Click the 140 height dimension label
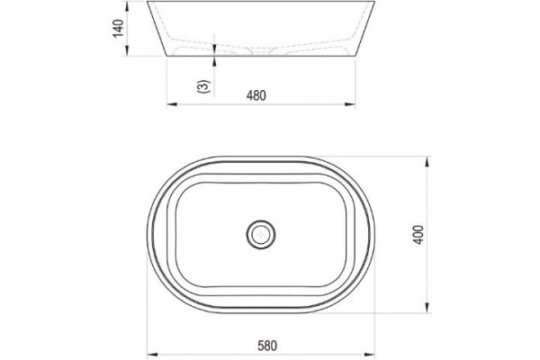coord(118,29)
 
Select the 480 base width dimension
coord(256,95)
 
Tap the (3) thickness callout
coord(203,86)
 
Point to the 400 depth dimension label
coord(418,235)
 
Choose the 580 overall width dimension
coord(267,346)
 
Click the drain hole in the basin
coord(261,235)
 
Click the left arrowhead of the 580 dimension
coord(153,354)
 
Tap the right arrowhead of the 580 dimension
coord(370,354)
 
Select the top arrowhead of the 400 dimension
coord(427,162)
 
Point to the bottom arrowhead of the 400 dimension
coord(427,308)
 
